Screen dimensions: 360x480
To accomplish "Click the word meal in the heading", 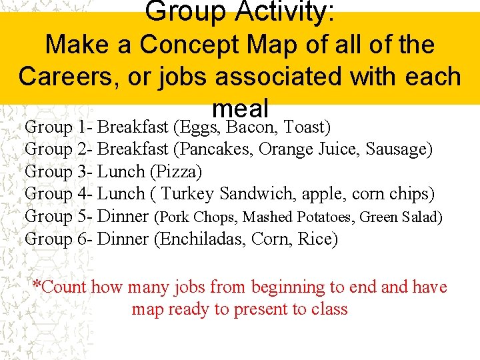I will point(240,107).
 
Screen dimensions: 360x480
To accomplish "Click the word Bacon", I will point(253,127).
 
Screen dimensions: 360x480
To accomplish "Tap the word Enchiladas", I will point(201,239).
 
